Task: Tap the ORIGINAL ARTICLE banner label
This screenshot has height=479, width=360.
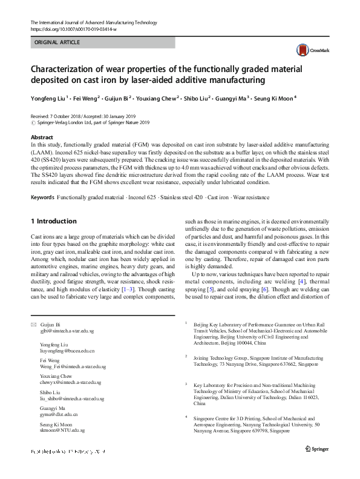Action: [57, 43]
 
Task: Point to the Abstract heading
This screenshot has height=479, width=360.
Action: [42, 137]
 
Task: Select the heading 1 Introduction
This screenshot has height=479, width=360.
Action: [53, 221]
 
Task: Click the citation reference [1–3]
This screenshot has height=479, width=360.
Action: [128, 290]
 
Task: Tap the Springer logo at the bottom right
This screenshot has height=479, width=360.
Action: [318, 448]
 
